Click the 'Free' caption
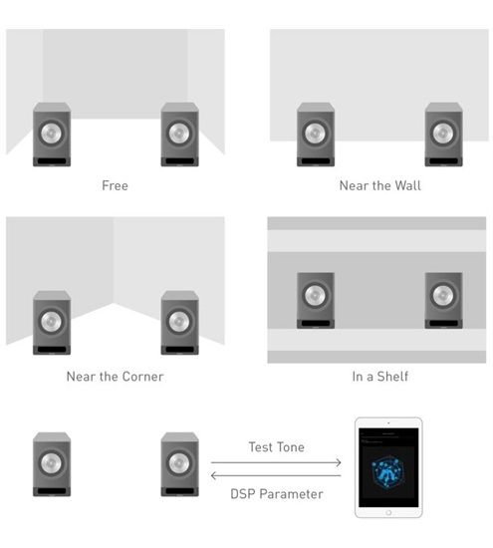coord(115,185)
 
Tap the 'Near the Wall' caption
coord(380,185)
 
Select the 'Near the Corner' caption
coord(115,377)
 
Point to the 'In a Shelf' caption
coord(380,377)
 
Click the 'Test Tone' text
coord(276,447)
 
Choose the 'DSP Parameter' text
coord(277,494)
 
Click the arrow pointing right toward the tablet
coord(276,462)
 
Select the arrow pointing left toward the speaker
coord(276,475)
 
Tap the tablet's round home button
coord(388,513)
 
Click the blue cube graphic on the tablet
coord(387,472)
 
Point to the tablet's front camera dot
coord(388,422)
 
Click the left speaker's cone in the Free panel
coord(52,134)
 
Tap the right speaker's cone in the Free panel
coord(179,134)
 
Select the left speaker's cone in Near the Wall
coord(315,134)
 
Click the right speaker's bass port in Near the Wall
coord(443,161)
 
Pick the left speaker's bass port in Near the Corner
coord(52,350)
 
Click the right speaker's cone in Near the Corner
coord(179,322)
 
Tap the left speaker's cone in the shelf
coord(315,295)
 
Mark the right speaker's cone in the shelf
coord(443,295)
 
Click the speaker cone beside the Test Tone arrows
coord(179,463)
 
